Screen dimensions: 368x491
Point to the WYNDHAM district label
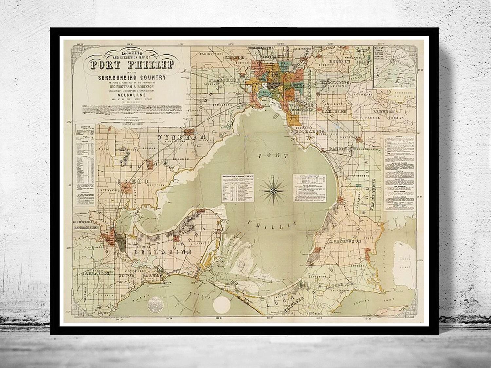[177, 137]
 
